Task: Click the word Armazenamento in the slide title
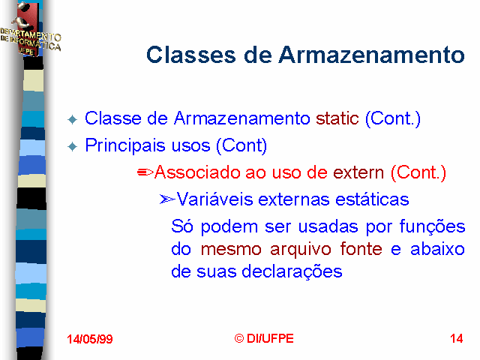pyautogui.click(x=372, y=55)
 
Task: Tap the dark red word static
pyautogui.click(x=337, y=118)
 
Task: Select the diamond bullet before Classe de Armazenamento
pyautogui.click(x=73, y=119)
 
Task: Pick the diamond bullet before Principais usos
pyautogui.click(x=73, y=147)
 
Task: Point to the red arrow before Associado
pyautogui.click(x=145, y=172)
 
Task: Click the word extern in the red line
pyautogui.click(x=358, y=172)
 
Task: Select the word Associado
pyautogui.click(x=197, y=172)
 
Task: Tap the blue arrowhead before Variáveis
pyautogui.click(x=167, y=199)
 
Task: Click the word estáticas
pyautogui.click(x=372, y=199)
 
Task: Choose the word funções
pyautogui.click(x=432, y=227)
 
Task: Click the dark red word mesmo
pyautogui.click(x=231, y=249)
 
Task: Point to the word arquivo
pyautogui.click(x=301, y=250)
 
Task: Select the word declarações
pyautogui.click(x=292, y=271)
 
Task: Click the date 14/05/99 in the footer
pyautogui.click(x=90, y=339)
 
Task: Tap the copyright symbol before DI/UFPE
pyautogui.click(x=239, y=338)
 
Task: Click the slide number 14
pyautogui.click(x=457, y=338)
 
